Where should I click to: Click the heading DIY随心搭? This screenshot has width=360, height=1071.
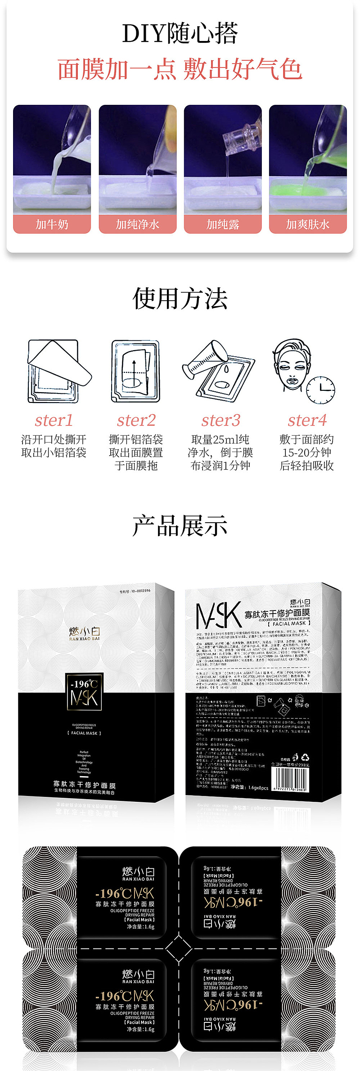[180, 34]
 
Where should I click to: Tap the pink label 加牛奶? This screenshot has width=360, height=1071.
[52, 224]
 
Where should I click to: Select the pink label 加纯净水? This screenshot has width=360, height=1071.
[137, 224]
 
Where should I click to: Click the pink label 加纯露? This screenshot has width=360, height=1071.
[222, 224]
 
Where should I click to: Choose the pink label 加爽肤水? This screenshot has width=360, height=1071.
[308, 224]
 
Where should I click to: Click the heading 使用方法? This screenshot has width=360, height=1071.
[180, 298]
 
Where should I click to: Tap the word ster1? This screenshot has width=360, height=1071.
[54, 420]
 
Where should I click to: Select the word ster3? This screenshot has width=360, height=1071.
[220, 420]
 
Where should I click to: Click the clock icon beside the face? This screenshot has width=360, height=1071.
[320, 389]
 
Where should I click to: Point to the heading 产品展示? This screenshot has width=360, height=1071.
[180, 526]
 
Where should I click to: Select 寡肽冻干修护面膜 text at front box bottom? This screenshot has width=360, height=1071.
[84, 785]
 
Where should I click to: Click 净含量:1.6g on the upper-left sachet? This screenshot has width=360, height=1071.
[140, 927]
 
